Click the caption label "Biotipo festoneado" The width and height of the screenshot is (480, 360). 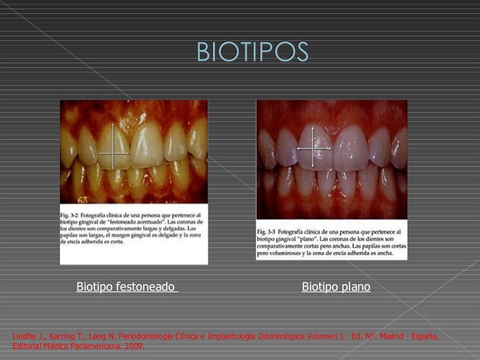point(126,287)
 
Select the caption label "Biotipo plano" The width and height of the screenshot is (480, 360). point(336,287)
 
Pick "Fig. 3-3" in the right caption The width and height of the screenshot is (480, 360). point(268,232)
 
